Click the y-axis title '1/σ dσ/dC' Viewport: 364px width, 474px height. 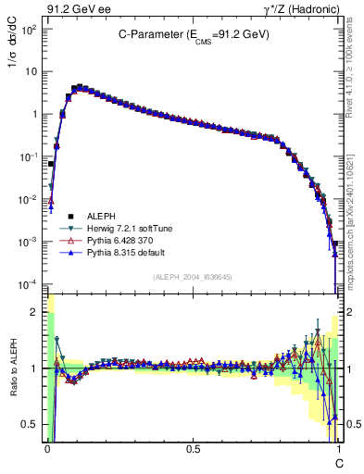[x=12, y=56]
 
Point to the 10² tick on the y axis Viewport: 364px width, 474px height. [x=30, y=29]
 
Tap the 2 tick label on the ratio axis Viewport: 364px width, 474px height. [x=35, y=312]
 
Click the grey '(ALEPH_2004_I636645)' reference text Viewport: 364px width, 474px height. [x=193, y=277]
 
